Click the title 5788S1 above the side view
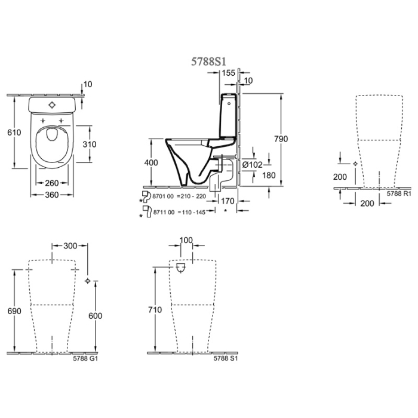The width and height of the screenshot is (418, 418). click(208, 61)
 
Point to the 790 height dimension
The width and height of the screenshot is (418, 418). click(281, 139)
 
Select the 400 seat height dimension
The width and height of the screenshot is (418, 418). click(151, 162)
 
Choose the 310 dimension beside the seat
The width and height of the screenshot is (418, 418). click(90, 145)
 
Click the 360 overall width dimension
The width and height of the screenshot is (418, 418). click(52, 196)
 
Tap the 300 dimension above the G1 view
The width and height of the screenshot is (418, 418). click(70, 246)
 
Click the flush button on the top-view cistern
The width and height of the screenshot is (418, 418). click(53, 105)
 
